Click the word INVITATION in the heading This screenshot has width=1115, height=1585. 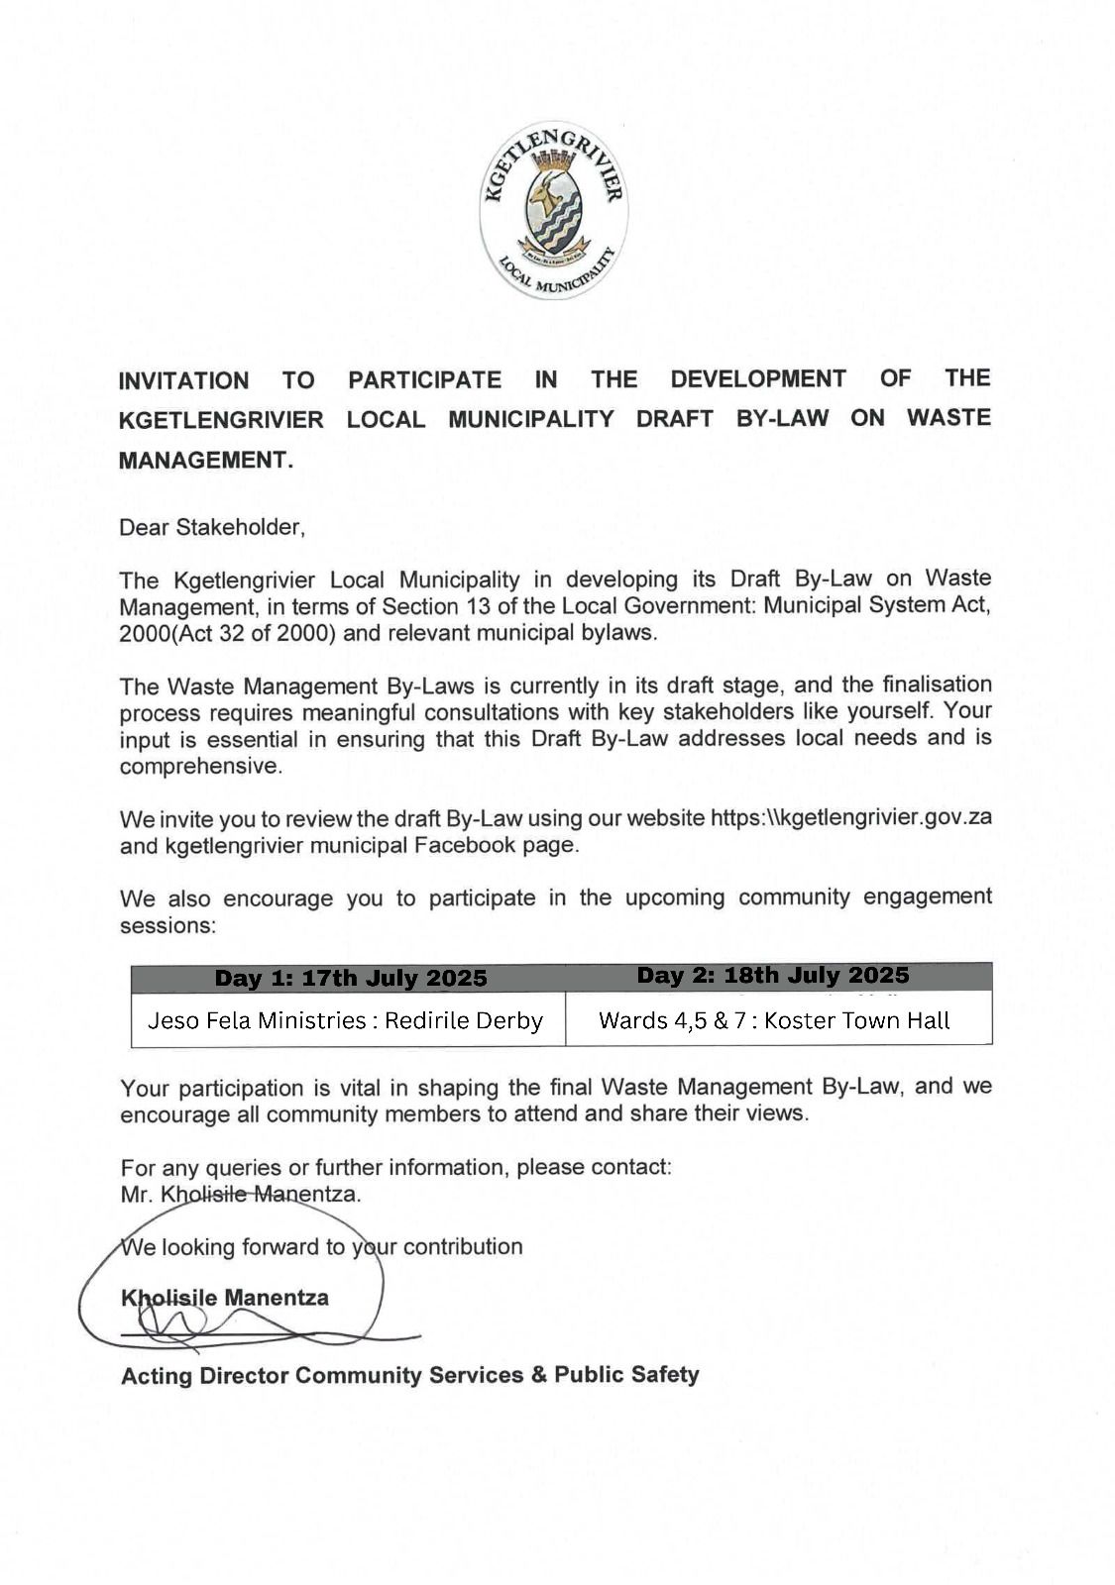[x=183, y=381]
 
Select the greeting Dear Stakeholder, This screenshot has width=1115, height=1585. [x=212, y=528]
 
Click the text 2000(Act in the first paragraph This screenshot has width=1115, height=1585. [x=166, y=634]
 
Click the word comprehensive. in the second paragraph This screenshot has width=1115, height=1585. [x=200, y=767]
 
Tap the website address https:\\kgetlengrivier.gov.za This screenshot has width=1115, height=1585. [x=850, y=818]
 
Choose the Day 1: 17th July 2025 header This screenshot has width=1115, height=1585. [x=351, y=979]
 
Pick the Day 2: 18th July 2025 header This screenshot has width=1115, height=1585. [x=773, y=976]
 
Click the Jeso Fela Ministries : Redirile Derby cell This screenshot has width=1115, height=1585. [x=345, y=1021]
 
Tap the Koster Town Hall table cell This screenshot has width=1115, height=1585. [x=774, y=1021]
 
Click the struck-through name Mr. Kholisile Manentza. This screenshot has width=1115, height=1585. [x=240, y=1195]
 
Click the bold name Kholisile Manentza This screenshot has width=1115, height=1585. [x=225, y=1298]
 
